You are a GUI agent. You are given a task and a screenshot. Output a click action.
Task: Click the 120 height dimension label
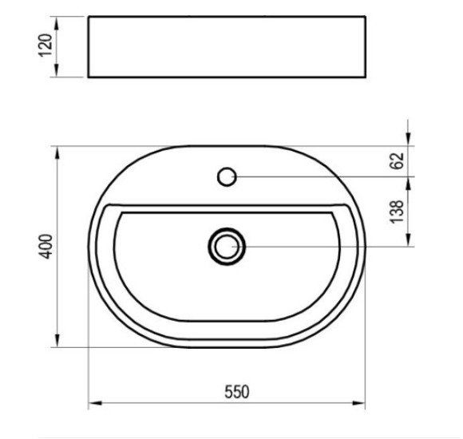pyautogui.click(x=46, y=45)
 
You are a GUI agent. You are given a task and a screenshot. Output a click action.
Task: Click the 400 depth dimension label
pyautogui.click(x=46, y=247)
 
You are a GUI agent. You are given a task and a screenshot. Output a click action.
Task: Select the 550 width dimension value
pyautogui.click(x=237, y=391)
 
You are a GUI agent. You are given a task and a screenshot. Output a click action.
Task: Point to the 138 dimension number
pyautogui.click(x=399, y=212)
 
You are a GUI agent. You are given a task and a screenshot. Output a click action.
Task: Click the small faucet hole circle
pyautogui.click(x=228, y=176)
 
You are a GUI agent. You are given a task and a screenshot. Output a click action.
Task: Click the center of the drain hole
pyautogui.click(x=228, y=247)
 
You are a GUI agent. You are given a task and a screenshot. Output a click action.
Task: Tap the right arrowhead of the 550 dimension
pyautogui.click(x=362, y=404)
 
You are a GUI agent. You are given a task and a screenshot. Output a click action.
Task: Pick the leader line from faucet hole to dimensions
pyautogui.click(x=319, y=176)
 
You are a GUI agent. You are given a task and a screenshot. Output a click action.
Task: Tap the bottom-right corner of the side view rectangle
pyautogui.click(x=366, y=77)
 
